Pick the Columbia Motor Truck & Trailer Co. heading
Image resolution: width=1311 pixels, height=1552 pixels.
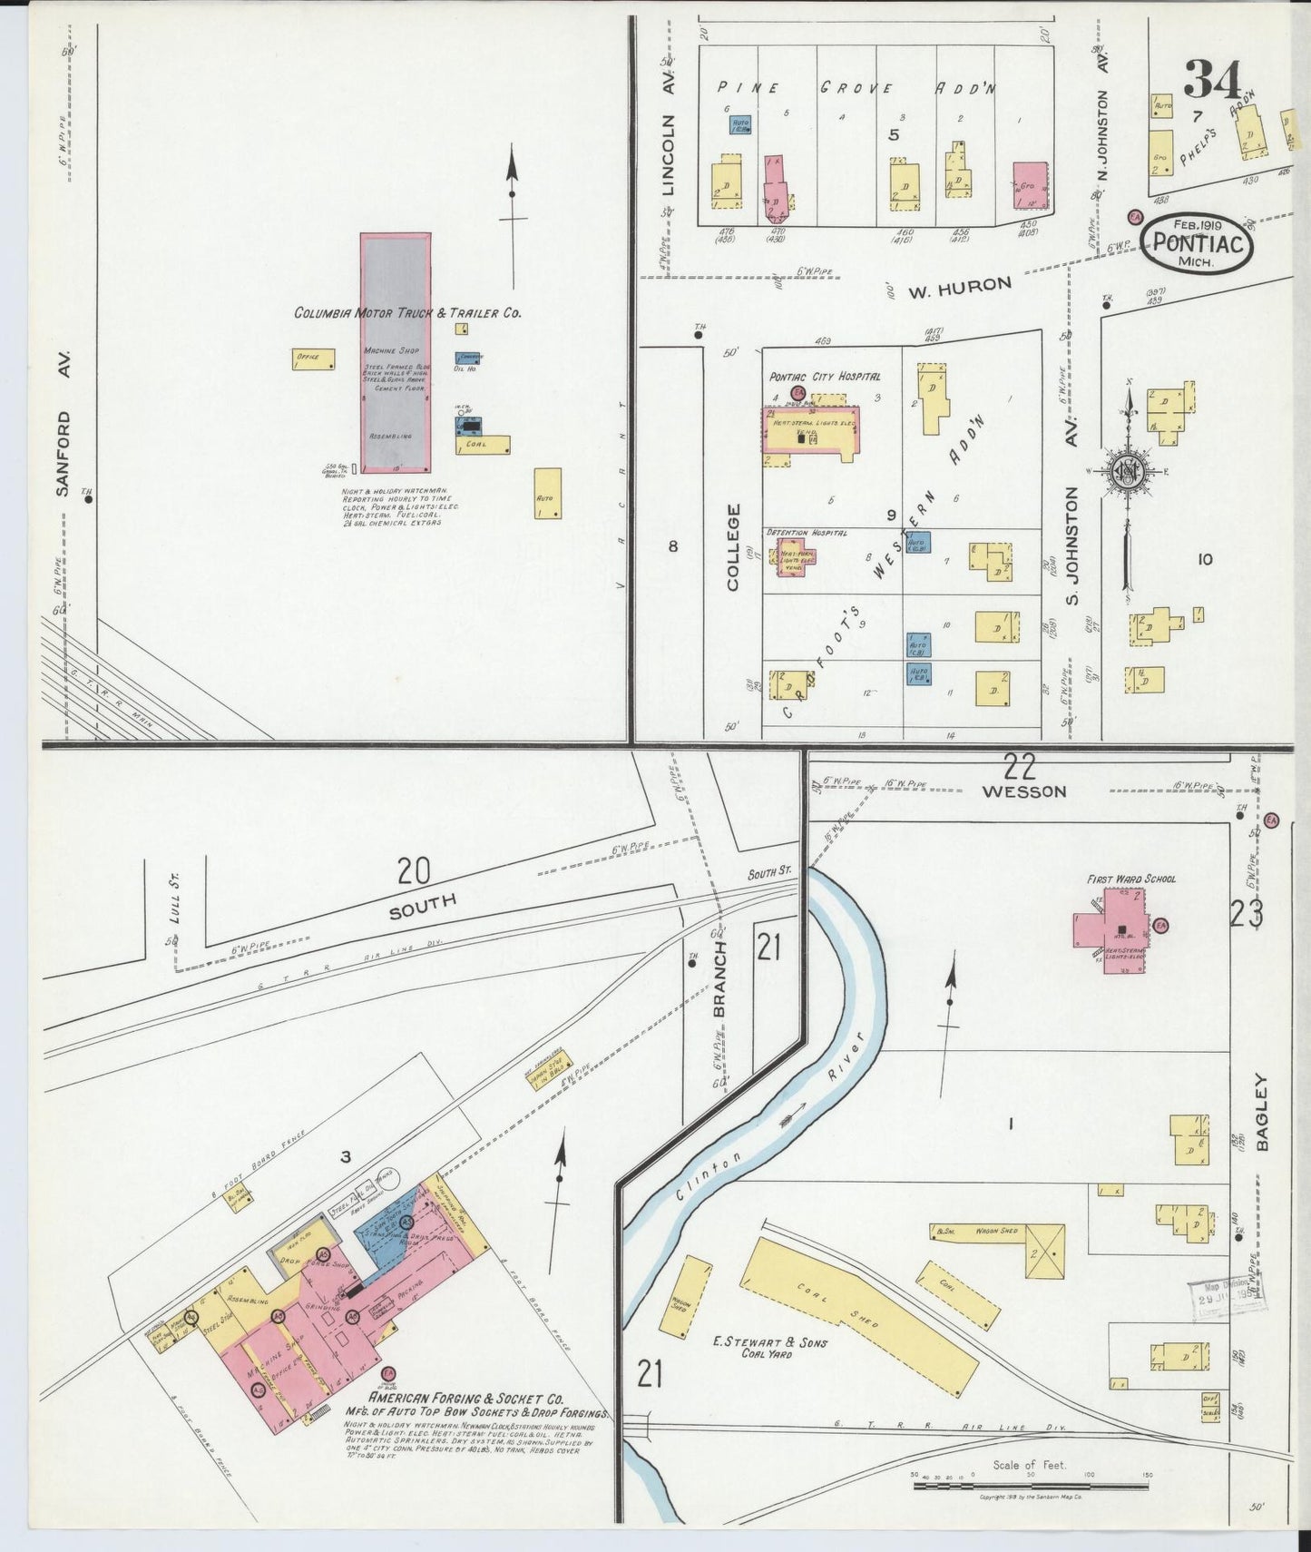(407, 313)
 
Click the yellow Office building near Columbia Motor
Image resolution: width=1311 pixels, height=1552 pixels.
(313, 359)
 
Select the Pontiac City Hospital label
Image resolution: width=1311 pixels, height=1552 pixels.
(824, 376)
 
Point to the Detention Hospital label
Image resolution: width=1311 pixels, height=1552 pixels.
(807, 532)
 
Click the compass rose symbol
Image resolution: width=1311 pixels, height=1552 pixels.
(1126, 472)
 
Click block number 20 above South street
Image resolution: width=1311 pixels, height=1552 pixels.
(413, 872)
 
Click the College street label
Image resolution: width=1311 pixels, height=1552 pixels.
(733, 547)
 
